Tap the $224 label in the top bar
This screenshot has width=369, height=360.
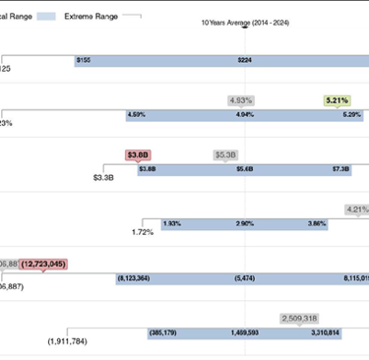point(245,61)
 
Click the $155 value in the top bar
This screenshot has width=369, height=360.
point(83,61)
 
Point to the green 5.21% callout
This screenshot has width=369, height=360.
point(337,99)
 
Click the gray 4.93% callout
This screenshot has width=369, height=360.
point(241,99)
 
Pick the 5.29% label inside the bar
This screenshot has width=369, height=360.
point(351,115)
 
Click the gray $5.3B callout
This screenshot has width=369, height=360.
point(226,154)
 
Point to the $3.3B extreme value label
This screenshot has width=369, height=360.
point(103,178)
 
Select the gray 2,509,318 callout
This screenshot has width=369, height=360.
point(298,319)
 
